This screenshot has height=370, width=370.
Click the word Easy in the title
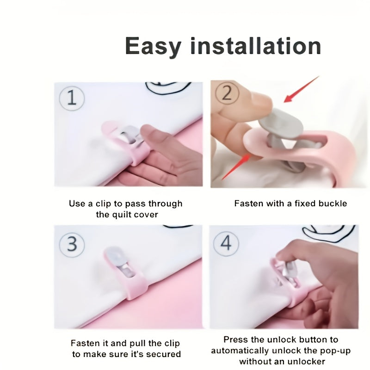pos(153,47)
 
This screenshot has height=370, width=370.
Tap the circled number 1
pos(72,98)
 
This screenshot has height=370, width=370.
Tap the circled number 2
pos(227,93)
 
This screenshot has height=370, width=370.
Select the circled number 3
pos(72,244)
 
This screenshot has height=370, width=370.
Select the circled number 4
pos(226,243)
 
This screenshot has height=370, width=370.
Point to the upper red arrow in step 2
pos(301,89)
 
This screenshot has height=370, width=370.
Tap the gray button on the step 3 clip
pos(116,256)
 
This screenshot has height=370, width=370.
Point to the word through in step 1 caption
pos(166,204)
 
